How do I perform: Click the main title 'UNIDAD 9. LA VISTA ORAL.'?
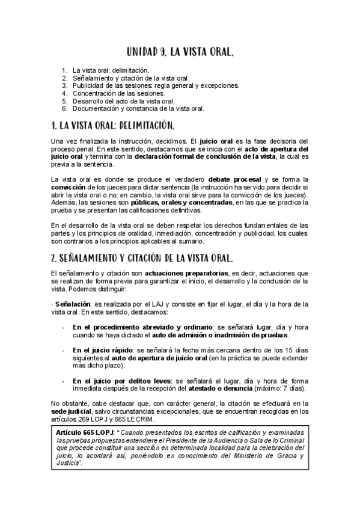click(180, 52)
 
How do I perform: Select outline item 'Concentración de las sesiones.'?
click(119, 93)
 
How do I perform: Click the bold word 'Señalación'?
click(73, 305)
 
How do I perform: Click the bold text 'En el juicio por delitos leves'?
click(120, 381)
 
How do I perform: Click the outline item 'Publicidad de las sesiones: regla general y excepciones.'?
click(156, 85)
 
